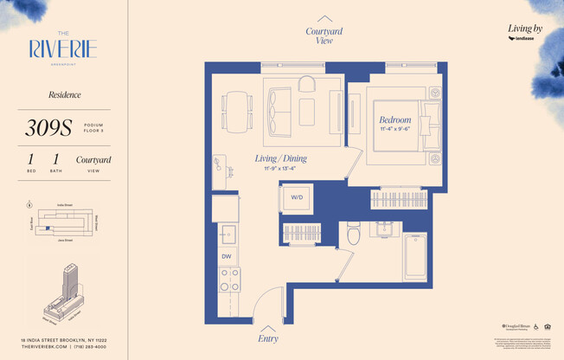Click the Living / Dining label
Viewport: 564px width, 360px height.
(280, 159)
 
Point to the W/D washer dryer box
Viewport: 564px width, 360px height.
(297, 197)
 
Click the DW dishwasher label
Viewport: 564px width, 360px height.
(226, 256)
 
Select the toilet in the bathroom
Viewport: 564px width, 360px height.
(353, 234)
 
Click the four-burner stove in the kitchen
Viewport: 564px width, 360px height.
(229, 280)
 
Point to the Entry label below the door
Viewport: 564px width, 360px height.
(268, 338)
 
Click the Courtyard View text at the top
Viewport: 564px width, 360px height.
(324, 35)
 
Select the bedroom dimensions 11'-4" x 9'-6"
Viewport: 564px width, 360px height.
(394, 132)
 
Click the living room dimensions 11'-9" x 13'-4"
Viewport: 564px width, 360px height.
(280, 169)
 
